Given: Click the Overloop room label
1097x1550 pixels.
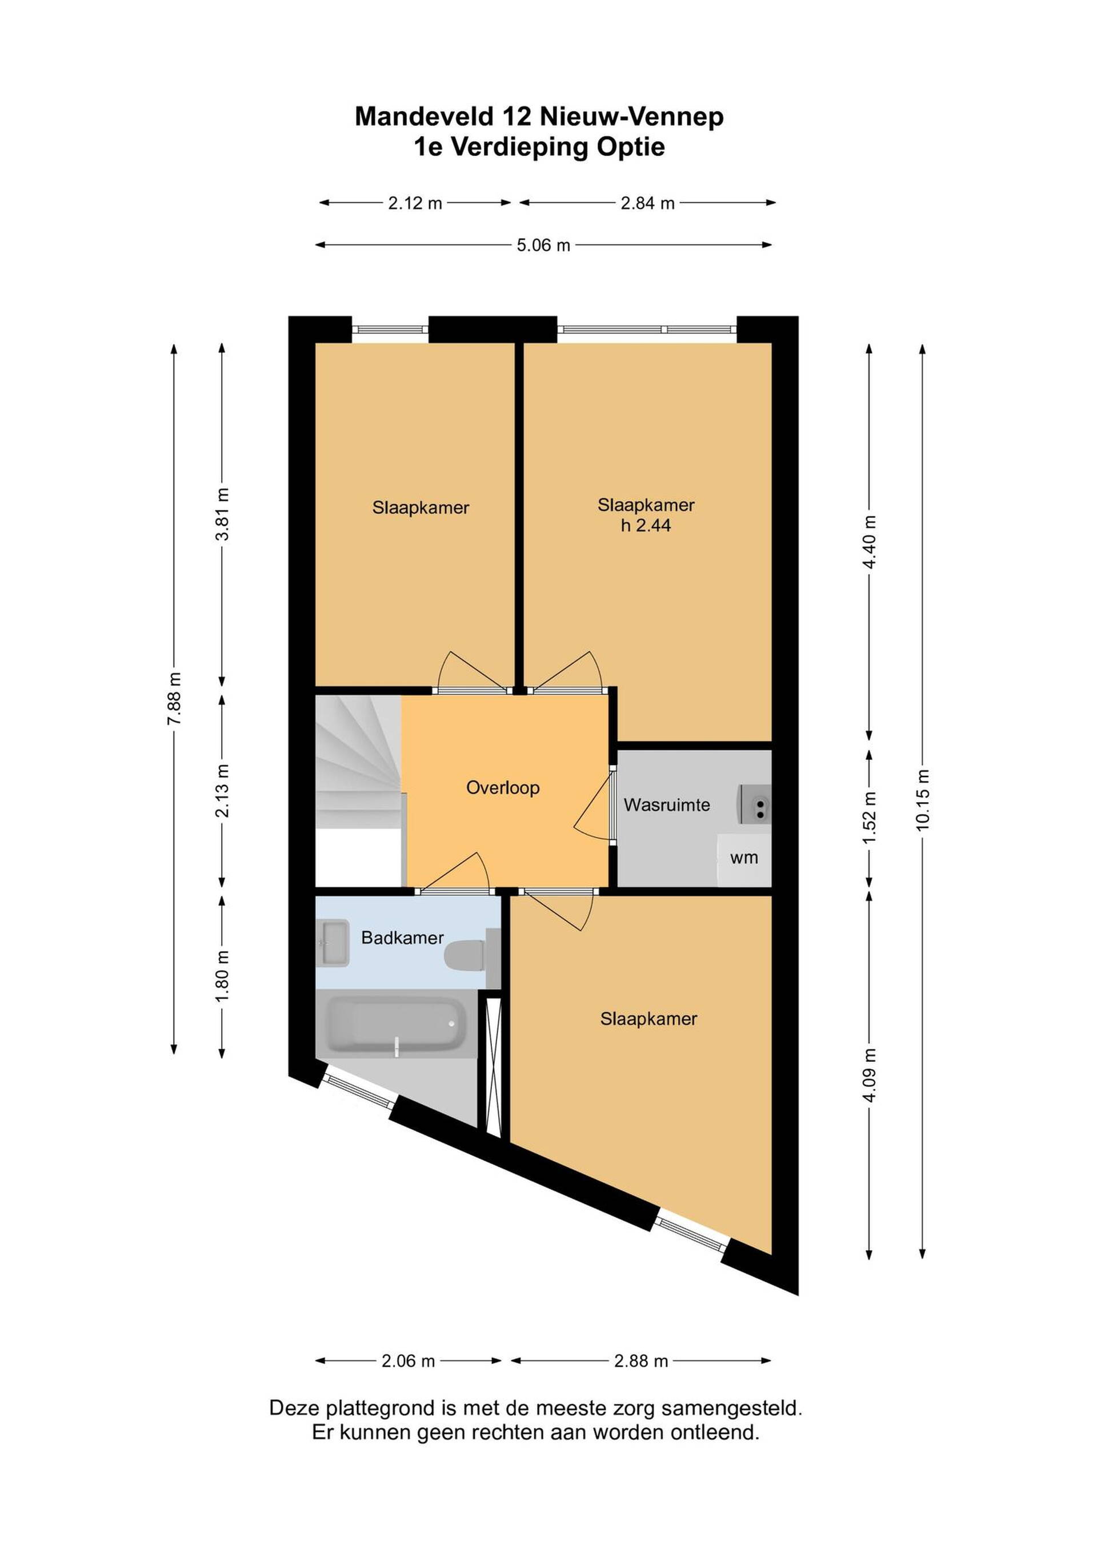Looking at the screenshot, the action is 503,788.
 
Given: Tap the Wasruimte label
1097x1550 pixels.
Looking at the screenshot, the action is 667,805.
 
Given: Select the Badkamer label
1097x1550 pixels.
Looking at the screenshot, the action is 403,937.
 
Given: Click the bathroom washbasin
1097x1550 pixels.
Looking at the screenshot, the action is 333,943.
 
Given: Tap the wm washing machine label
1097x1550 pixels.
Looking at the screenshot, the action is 744,858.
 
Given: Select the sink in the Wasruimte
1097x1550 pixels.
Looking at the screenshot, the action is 755,803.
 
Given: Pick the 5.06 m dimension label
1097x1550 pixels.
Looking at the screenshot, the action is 544,245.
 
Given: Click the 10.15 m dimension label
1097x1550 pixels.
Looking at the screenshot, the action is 923,800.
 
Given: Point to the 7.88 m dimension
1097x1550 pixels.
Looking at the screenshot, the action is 174,699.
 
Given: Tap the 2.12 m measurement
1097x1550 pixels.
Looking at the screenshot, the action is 415,203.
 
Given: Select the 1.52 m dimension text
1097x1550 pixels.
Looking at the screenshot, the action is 870,817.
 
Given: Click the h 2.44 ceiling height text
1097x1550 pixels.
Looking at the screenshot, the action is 646,525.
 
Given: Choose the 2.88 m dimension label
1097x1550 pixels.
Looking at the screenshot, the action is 641,1361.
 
